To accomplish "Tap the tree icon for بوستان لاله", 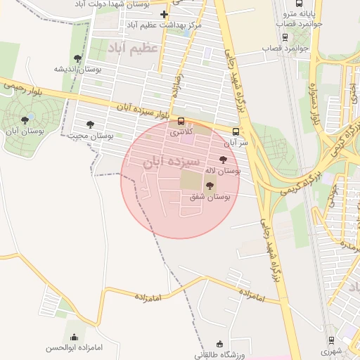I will click(x=224, y=160).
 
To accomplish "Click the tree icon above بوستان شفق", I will click(x=210, y=185).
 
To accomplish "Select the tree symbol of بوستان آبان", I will click(x=25, y=120).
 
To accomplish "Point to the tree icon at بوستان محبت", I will click(x=90, y=124).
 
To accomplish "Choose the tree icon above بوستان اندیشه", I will click(x=77, y=58).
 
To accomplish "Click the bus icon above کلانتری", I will click(x=181, y=120).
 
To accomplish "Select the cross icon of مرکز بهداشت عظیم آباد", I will click(x=164, y=14).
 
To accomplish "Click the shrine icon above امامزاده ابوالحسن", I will click(x=75, y=337).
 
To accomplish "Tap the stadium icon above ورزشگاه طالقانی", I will click(x=220, y=345).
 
